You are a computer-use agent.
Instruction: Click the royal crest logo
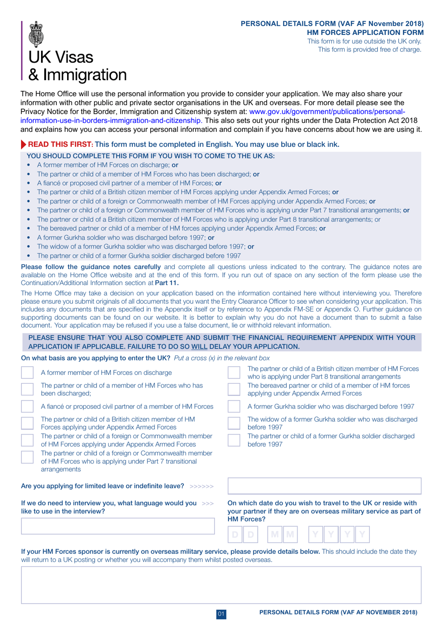coord(36,34)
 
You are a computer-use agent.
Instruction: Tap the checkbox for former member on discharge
coord(28,373)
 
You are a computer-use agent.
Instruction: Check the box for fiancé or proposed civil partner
coord(28,407)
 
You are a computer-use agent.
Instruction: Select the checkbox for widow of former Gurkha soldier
coord(234,423)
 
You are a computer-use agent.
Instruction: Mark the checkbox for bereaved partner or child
coord(234,389)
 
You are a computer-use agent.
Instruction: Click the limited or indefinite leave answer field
coord(324,486)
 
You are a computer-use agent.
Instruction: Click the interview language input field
coord(118,526)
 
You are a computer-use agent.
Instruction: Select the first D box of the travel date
coord(235,534)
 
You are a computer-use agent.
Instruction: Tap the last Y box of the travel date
coord(362,534)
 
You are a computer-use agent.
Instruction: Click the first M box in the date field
coord(275,534)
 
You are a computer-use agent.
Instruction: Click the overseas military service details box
coord(221,584)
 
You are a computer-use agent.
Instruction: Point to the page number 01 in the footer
coord(221,614)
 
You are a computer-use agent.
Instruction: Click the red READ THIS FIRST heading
coord(60,144)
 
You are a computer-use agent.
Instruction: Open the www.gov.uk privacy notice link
coord(326,112)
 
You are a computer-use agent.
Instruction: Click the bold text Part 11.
coord(166,283)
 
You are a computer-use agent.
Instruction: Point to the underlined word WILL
coord(199,346)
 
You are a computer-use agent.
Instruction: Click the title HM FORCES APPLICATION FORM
coord(365,33)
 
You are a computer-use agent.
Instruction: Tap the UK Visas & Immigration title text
coord(77,66)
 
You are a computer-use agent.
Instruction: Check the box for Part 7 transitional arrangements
coord(28,457)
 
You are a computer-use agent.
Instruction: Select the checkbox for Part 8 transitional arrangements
coord(234,373)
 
